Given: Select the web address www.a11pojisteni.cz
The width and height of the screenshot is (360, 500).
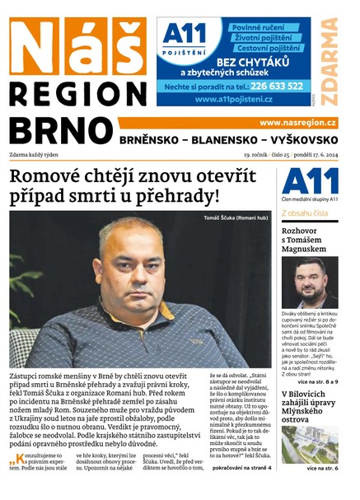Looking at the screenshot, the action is [234, 99].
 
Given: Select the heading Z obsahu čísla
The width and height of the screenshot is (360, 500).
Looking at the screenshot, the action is [305, 212].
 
